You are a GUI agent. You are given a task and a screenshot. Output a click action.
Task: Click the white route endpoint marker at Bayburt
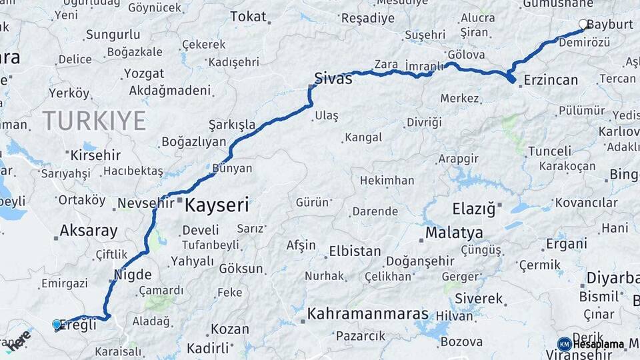[583, 25]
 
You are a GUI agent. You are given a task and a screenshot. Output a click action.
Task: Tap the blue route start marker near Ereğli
[57, 324]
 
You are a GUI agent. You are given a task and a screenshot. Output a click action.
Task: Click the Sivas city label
[333, 79]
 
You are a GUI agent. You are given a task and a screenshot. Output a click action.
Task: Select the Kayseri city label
[217, 205]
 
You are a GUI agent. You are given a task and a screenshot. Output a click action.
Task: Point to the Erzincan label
[551, 80]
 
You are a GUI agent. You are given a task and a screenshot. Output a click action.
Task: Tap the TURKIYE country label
[94, 121]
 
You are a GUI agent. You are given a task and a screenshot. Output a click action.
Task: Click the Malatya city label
[454, 233]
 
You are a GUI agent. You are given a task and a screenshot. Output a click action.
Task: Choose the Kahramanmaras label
[368, 313]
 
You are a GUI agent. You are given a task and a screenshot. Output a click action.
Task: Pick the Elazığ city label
[474, 209]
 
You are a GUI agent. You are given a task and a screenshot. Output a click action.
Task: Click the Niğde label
[133, 275]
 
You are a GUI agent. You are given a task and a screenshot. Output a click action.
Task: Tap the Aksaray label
[89, 231]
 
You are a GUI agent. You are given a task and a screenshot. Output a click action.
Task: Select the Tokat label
[248, 17]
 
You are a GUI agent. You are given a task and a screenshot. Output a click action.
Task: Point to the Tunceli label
[549, 151]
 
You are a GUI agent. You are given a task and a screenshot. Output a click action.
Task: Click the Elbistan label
[355, 252]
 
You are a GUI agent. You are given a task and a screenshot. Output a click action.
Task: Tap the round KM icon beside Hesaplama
[564, 344]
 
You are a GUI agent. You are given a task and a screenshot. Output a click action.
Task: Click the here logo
[19, 339]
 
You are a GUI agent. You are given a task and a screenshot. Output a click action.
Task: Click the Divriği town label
[424, 123]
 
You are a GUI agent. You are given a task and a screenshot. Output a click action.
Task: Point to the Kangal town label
[363, 137]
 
